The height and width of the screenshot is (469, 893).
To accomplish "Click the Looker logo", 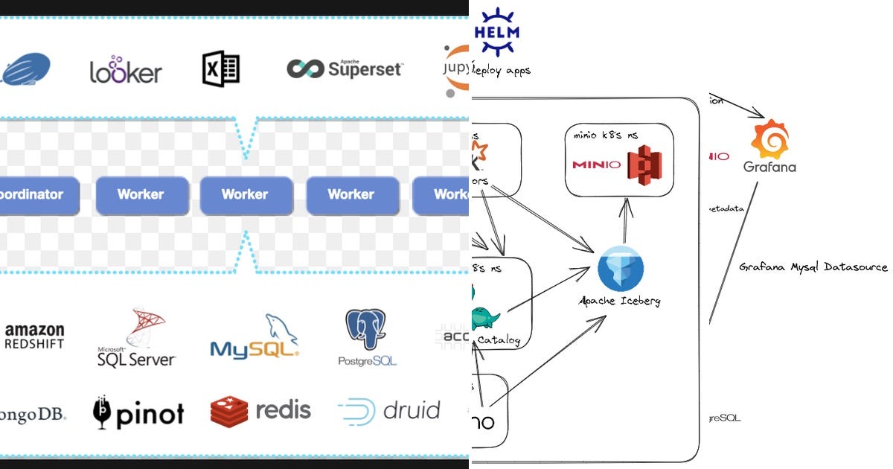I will (x=126, y=70).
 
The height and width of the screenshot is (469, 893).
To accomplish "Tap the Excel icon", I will (x=221, y=69).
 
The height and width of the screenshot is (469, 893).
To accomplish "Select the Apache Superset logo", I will (x=345, y=69).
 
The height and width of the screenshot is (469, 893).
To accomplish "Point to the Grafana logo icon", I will (x=769, y=139).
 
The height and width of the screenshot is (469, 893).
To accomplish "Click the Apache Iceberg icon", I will (x=620, y=269).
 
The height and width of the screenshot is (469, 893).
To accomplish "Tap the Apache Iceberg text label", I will (x=620, y=301).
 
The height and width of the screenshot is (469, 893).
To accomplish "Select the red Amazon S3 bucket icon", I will (x=644, y=164).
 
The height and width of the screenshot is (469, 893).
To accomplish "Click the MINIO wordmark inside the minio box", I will (x=597, y=165).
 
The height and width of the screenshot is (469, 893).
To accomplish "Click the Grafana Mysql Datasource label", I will (x=813, y=267).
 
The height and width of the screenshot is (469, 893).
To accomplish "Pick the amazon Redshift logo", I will (x=34, y=336).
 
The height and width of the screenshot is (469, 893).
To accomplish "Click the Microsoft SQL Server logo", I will (x=137, y=339).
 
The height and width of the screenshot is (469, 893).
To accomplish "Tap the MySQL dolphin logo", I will (x=255, y=337).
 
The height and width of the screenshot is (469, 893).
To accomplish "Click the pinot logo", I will (x=138, y=412).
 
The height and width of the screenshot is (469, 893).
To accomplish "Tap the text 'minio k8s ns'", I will (x=606, y=135).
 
